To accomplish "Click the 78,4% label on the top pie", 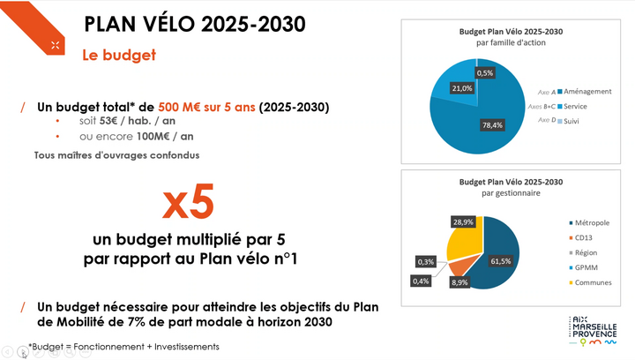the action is (492, 125).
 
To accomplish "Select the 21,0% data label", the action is (461, 88).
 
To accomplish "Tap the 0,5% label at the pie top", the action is (485, 73).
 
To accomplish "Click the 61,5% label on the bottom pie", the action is (501, 261).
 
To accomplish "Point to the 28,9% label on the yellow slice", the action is (463, 222).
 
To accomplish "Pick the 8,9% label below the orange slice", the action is (459, 282).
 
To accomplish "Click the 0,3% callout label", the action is (426, 261).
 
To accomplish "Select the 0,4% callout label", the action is (421, 281).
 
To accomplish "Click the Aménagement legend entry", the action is (585, 92).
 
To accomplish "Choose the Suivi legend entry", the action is (568, 121).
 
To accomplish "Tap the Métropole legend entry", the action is (589, 222).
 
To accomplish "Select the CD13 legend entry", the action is (580, 237).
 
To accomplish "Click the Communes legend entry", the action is (590, 282).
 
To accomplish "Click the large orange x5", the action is (189, 202).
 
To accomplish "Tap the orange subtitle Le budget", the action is (119, 55).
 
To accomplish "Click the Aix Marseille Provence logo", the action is (594, 331).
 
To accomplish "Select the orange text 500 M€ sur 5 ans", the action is (206, 107).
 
